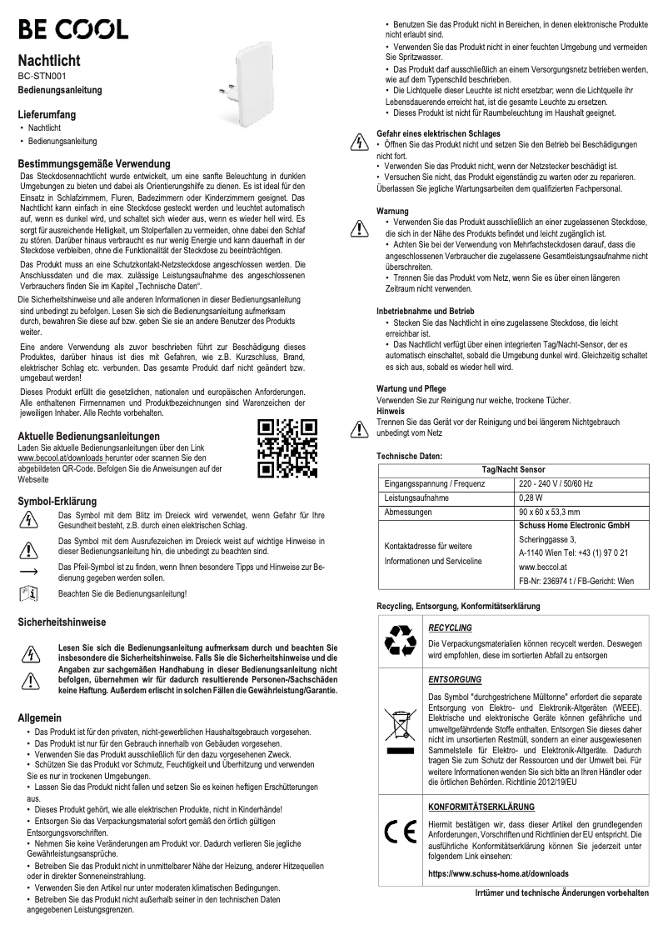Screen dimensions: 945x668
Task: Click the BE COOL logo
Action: tap(74, 31)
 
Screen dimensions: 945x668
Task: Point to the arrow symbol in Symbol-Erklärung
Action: tap(29, 572)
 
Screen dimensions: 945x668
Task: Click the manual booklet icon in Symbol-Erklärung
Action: tap(29, 594)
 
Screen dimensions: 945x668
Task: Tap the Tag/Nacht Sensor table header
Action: tap(514, 470)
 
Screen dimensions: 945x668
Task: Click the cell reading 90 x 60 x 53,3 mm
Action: tap(550, 512)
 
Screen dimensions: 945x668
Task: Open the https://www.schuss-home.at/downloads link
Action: tap(498, 874)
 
